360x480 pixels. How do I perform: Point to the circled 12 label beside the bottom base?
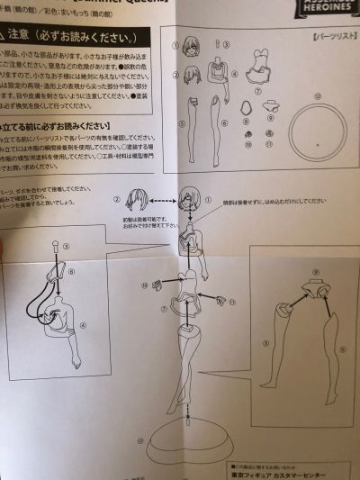[x=139, y=440]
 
